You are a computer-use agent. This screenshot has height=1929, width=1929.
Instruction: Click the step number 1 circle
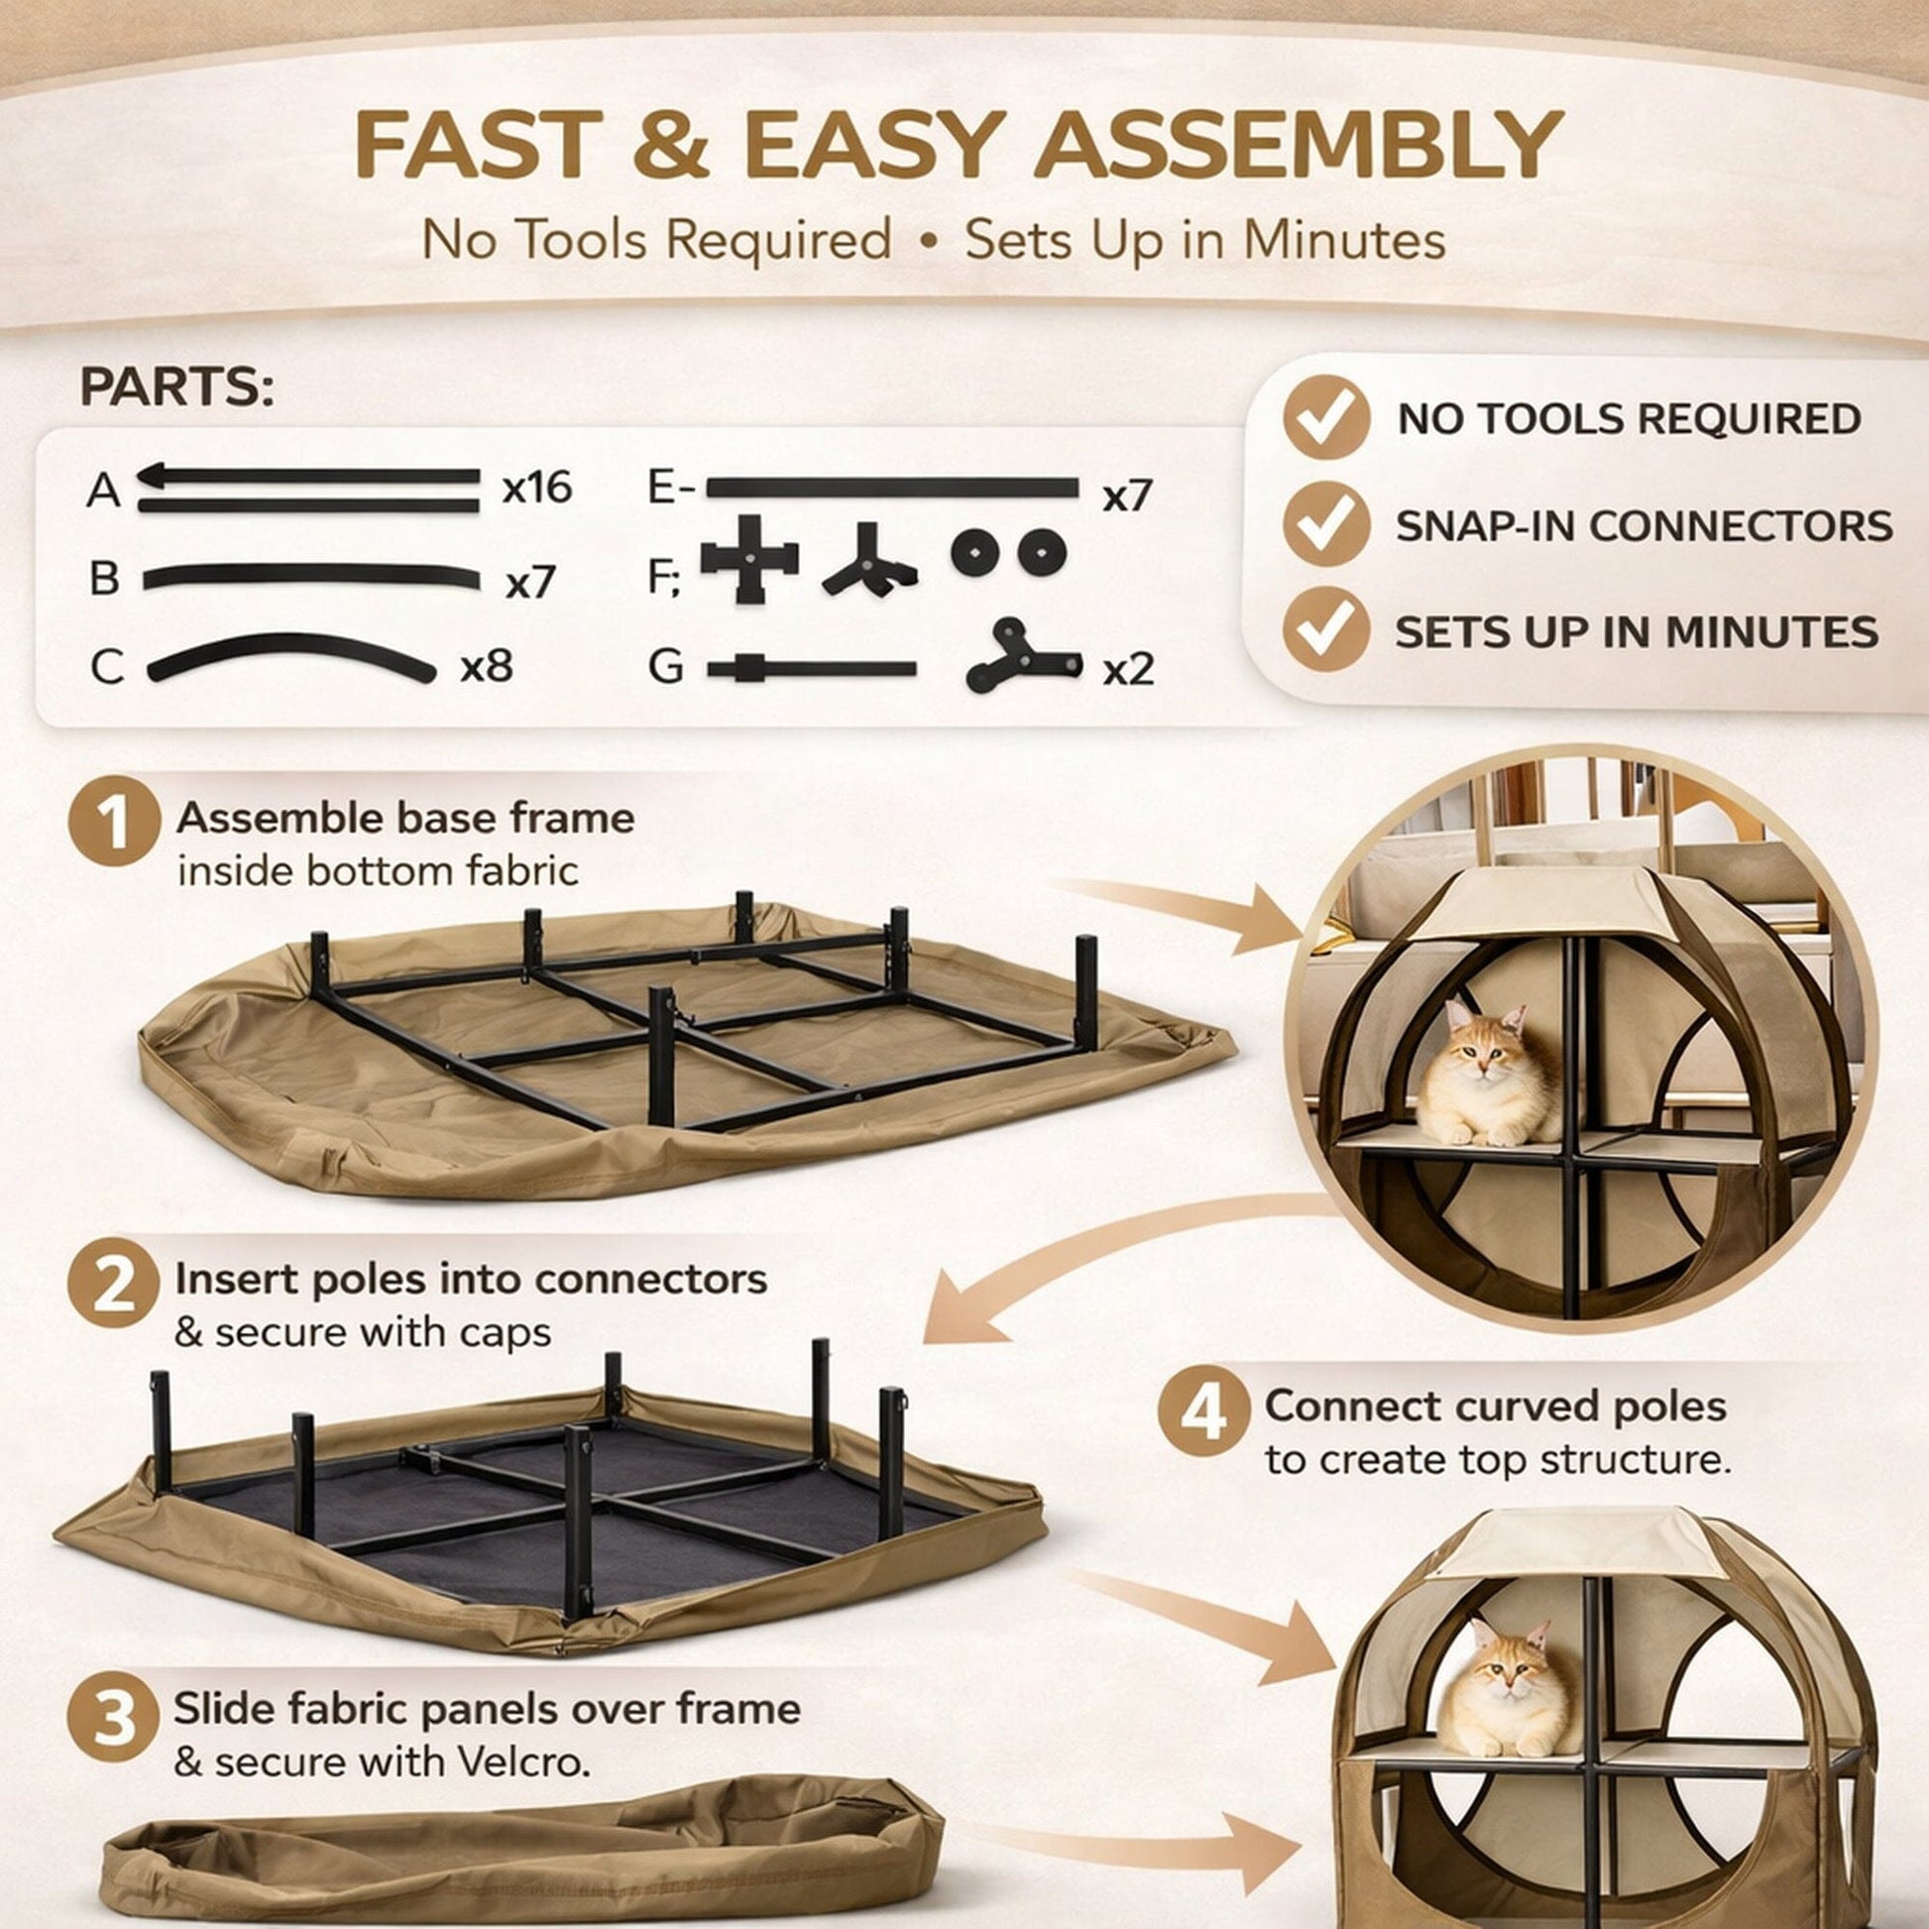[114, 821]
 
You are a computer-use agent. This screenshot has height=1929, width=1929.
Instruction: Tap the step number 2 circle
[114, 1283]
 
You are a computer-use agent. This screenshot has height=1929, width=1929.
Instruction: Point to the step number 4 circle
[1203, 1412]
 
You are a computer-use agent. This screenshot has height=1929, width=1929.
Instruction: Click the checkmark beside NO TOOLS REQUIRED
[1326, 418]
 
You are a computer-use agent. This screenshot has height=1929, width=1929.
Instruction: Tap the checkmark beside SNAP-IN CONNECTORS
[1326, 525]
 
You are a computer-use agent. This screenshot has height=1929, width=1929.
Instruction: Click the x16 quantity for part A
[537, 488]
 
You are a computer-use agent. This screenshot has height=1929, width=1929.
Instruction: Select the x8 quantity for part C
[486, 666]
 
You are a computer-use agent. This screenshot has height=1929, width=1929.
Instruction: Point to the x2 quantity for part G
[1128, 670]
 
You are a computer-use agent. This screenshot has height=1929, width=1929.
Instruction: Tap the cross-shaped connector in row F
[749, 559]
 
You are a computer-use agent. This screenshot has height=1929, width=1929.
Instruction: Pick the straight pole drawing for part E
[892, 489]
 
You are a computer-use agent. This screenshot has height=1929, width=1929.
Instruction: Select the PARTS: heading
[176, 389]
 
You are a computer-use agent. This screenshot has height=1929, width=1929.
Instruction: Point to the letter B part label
[104, 579]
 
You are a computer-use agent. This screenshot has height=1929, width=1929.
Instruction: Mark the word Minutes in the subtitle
[1344, 241]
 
